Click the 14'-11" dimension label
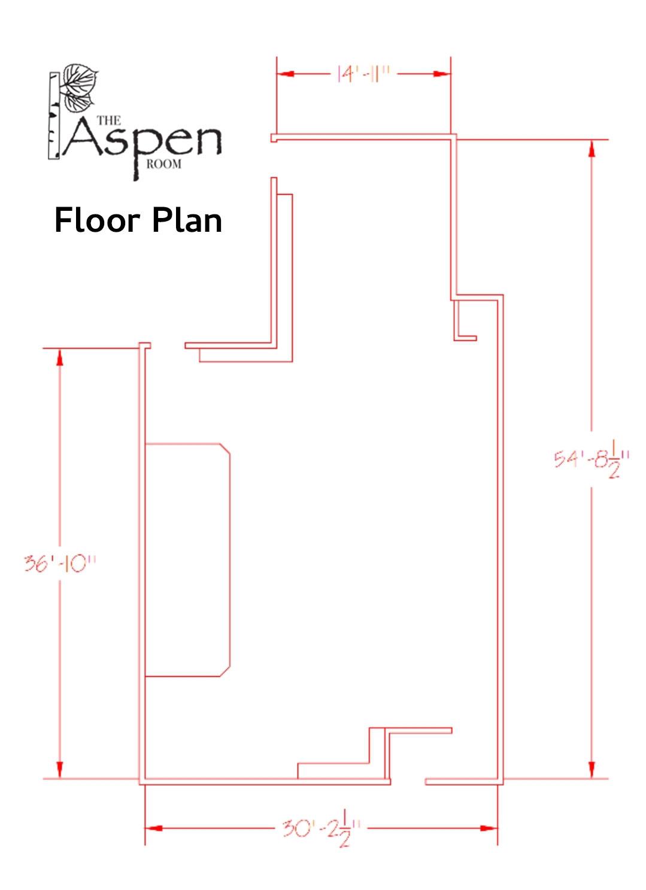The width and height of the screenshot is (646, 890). pyautogui.click(x=363, y=74)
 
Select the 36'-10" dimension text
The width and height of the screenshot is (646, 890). pyautogui.click(x=60, y=564)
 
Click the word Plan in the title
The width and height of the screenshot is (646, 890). pyautogui.click(x=187, y=220)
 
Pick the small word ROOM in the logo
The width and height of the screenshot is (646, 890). pyautogui.click(x=163, y=164)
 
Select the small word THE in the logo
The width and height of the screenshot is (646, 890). pyautogui.click(x=108, y=120)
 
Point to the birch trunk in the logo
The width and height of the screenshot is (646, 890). pyautogui.click(x=54, y=116)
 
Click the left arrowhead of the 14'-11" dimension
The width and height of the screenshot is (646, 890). pyautogui.click(x=285, y=74)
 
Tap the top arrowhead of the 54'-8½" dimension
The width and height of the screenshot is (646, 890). pyautogui.click(x=592, y=149)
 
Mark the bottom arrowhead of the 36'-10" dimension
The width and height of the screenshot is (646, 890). pyautogui.click(x=60, y=769)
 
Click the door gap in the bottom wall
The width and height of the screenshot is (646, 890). pyautogui.click(x=408, y=782)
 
